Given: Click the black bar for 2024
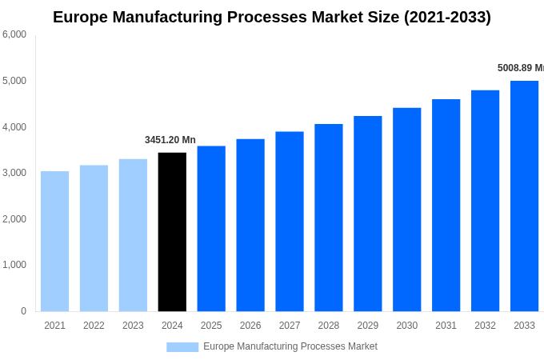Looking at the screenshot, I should (x=172, y=232).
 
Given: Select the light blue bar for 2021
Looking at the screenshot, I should (x=54, y=241).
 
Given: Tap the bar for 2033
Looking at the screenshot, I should (x=524, y=196).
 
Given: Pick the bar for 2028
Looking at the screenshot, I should (x=328, y=218).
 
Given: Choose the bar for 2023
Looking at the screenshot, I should (x=133, y=235).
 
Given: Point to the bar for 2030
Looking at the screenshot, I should (x=406, y=210).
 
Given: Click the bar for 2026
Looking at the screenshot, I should (x=250, y=225).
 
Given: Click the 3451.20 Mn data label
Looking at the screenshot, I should (x=170, y=140).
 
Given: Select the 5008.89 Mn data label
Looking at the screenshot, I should (x=520, y=68).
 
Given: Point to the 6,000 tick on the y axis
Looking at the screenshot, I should (x=14, y=34).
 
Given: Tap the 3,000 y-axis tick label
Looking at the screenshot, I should (x=14, y=173).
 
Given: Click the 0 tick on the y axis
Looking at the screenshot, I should (x=23, y=311).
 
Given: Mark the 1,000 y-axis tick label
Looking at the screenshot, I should (x=14, y=265).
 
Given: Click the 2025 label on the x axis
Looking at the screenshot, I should (x=211, y=326).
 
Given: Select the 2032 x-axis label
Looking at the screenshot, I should (x=485, y=326).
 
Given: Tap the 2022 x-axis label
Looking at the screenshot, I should (x=94, y=326).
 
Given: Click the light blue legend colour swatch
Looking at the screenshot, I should (x=182, y=347).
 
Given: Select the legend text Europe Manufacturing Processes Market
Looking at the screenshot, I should (x=290, y=346).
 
